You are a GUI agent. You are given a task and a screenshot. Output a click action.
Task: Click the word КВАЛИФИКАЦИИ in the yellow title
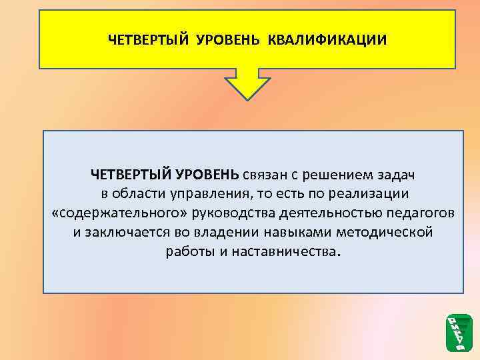327,39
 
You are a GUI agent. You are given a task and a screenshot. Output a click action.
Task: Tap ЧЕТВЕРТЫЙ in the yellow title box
149,39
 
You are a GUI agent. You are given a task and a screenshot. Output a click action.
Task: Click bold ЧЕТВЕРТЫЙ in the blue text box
131,175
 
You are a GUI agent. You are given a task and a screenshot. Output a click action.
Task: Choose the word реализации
369,195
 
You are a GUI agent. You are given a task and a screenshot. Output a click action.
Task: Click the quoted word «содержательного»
120,214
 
